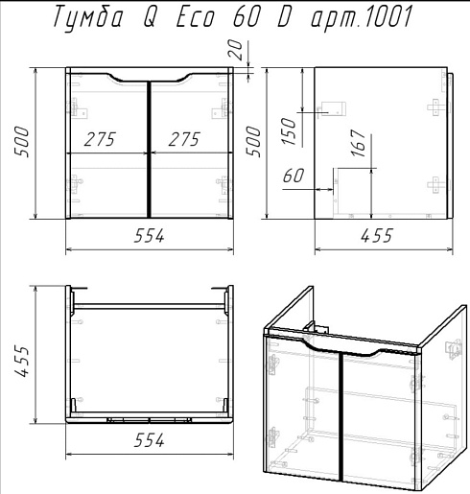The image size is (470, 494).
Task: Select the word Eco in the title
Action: [x=196, y=16]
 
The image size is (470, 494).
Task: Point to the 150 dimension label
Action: [x=289, y=131]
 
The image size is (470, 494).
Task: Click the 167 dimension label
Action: [x=358, y=143]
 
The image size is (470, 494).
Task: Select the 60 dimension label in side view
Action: [x=294, y=176]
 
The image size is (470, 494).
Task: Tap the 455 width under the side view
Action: [x=376, y=236]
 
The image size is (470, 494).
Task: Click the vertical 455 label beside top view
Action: [x=22, y=361]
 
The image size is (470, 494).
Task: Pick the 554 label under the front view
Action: [x=149, y=236]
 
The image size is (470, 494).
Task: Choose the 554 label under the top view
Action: [x=149, y=440]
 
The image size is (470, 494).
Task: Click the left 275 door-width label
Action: [x=100, y=139]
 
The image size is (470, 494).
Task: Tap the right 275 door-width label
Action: [x=184, y=139]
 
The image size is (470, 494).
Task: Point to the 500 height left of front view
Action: [x=22, y=142]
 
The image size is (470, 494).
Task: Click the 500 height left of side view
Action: [x=253, y=142]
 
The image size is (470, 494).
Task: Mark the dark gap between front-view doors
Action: [x=149, y=150]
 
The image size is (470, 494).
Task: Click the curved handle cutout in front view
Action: [x=149, y=79]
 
